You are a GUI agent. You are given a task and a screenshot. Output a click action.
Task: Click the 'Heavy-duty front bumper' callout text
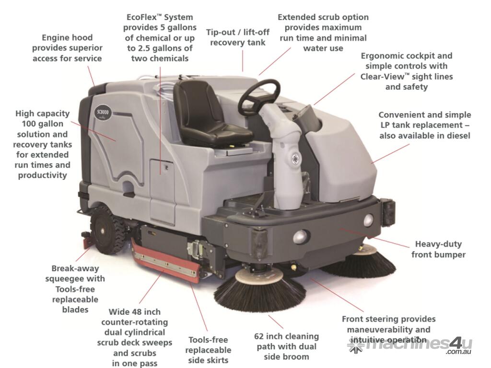click(x=438, y=249)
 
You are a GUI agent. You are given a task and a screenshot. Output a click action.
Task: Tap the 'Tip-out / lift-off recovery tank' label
click(x=238, y=37)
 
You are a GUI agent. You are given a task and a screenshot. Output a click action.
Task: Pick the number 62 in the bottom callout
click(x=259, y=336)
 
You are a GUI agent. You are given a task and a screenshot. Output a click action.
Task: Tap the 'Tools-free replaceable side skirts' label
click(x=208, y=350)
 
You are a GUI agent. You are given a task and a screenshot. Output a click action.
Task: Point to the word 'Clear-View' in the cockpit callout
click(x=383, y=77)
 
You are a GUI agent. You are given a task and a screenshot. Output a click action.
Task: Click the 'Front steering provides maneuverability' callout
click(x=388, y=330)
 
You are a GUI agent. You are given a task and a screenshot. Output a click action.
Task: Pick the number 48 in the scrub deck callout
click(x=141, y=312)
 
